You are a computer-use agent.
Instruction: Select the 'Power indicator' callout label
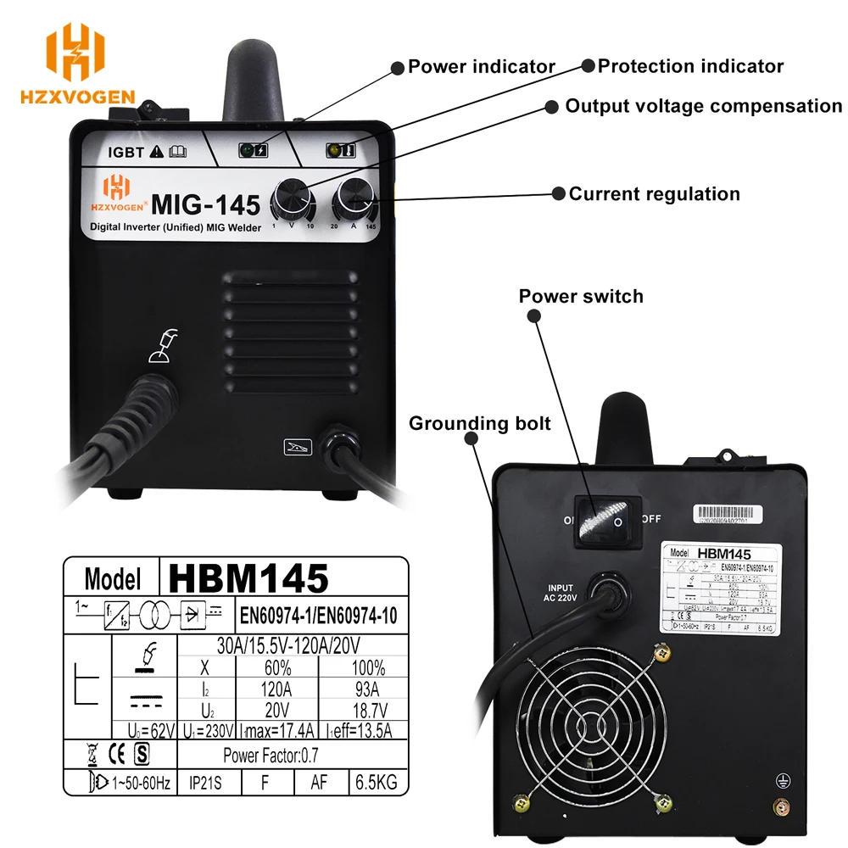tap(482, 66)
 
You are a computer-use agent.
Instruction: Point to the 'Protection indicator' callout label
tap(690, 65)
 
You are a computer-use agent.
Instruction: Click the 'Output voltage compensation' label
tap(703, 106)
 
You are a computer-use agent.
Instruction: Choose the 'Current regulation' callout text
tap(654, 193)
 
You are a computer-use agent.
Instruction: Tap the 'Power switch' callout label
tap(581, 296)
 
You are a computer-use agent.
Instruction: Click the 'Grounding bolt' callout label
tap(480, 423)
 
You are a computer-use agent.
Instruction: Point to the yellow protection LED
tap(333, 151)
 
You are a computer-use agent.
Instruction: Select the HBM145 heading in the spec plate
tap(248, 578)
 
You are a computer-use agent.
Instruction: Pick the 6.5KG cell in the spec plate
tap(374, 781)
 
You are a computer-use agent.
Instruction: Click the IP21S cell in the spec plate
tap(204, 781)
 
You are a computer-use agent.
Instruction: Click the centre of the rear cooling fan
tap(590, 728)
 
